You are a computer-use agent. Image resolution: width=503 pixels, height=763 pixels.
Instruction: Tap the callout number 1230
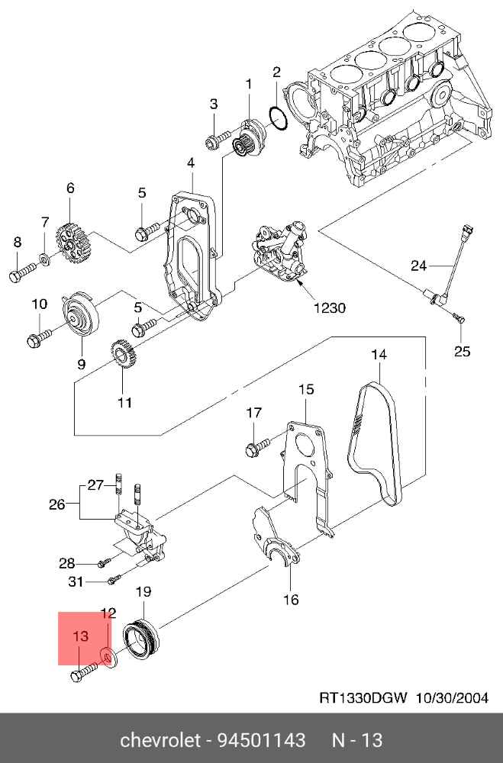click(x=330, y=308)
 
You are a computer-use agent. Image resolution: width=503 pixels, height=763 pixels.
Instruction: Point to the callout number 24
click(x=418, y=266)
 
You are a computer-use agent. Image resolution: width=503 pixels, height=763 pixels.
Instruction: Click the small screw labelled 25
click(x=459, y=317)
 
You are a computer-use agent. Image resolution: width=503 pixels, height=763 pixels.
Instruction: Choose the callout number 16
click(x=291, y=599)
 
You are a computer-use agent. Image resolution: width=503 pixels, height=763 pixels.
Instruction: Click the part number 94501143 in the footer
click(x=262, y=740)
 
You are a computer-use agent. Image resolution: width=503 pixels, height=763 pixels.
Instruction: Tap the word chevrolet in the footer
click(x=160, y=740)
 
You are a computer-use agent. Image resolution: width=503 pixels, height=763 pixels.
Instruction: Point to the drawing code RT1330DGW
click(x=363, y=698)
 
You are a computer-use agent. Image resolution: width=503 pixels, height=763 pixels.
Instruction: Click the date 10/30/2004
click(x=452, y=698)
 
